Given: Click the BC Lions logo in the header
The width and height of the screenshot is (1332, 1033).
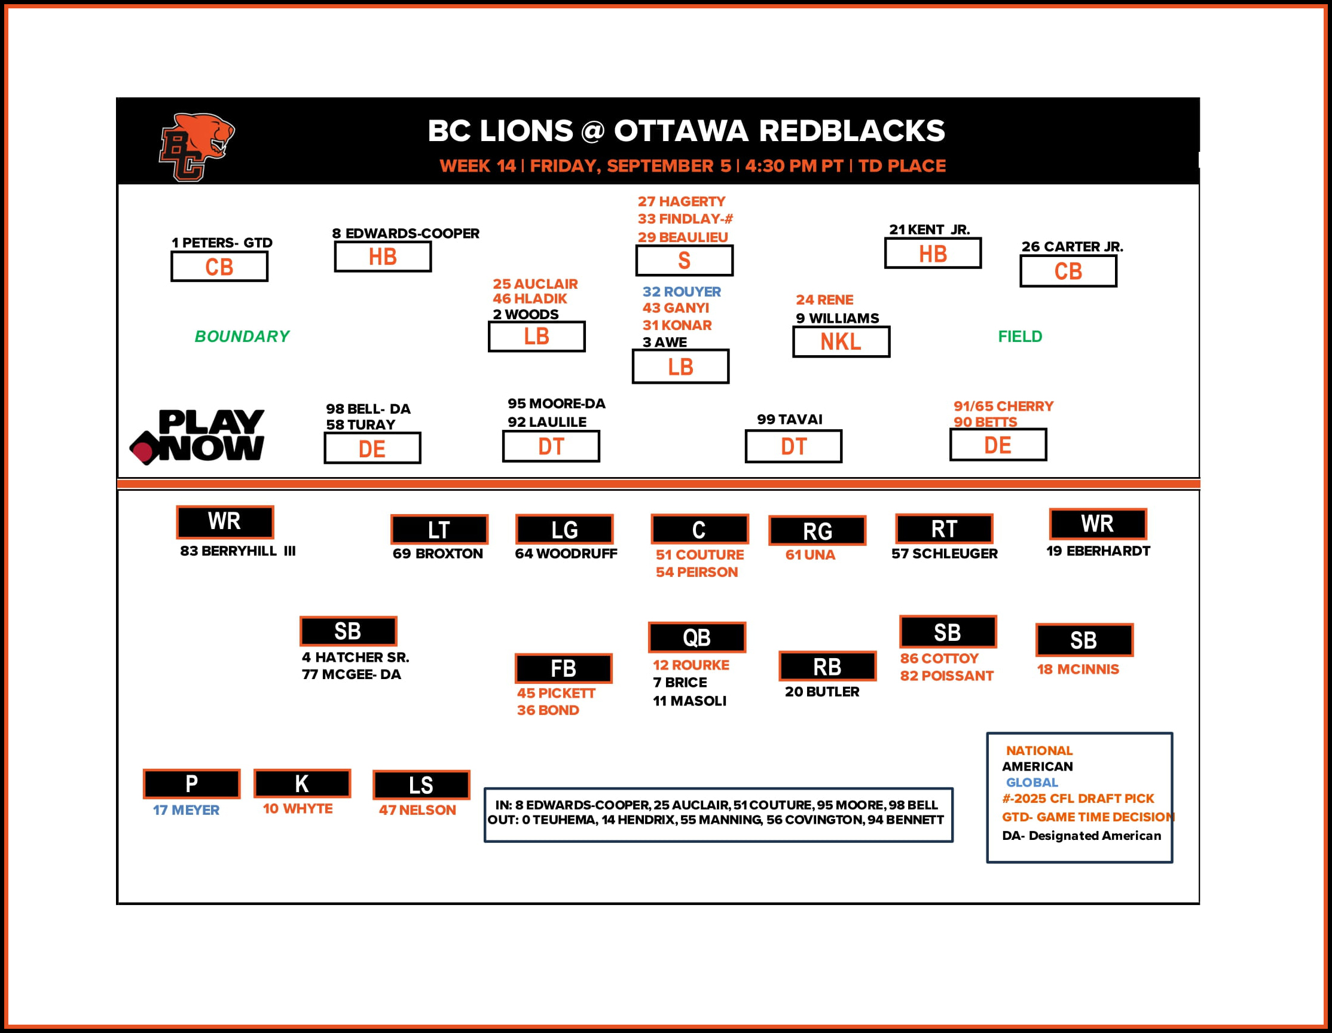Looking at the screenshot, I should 195,147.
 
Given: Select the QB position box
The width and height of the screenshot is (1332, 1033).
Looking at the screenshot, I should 696,637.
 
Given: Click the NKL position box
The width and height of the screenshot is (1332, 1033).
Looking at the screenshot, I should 841,342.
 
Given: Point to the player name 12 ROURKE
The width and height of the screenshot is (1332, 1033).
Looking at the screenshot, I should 691,665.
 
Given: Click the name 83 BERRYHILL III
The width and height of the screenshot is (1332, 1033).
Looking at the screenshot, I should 237,551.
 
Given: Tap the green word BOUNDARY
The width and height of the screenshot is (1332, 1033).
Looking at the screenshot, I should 242,337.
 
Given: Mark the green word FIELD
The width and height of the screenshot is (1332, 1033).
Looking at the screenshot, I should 1020,337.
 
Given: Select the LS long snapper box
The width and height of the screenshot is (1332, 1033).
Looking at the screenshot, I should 421,785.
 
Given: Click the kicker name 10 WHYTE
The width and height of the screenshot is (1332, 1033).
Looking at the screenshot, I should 298,809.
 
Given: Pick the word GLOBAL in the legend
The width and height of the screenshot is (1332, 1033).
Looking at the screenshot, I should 1031,783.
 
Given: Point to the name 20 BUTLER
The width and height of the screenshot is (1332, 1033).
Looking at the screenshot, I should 821,692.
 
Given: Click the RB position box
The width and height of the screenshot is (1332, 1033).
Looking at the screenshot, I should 827,667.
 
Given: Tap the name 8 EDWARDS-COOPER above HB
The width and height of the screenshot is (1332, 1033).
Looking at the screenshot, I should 405,234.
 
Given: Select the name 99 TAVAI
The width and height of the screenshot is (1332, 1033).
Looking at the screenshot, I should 789,420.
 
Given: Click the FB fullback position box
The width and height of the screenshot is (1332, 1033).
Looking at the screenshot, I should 563,668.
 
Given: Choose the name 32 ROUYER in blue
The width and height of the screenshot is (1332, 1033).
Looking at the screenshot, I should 682,292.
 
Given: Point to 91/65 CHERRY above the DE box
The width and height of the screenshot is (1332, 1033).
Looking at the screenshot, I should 1003,406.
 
